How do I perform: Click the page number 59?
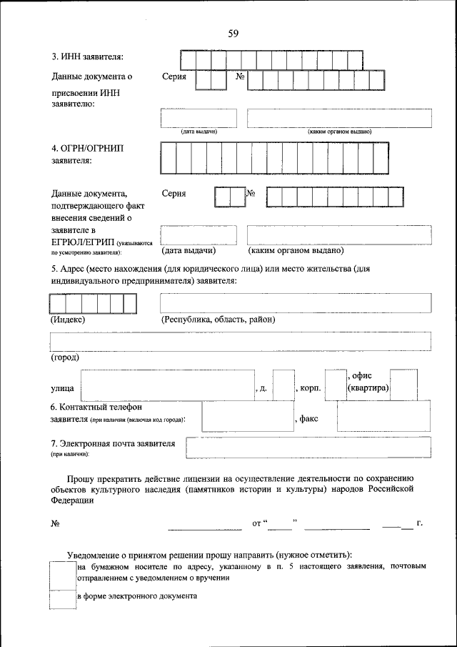[x=233, y=34]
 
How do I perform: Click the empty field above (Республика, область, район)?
[x=295, y=302]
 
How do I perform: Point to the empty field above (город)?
[x=240, y=340]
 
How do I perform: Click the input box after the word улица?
[x=168, y=385]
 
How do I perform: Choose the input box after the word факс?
[x=383, y=416]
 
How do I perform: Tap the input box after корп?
[x=335, y=385]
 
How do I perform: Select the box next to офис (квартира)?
[x=403, y=385]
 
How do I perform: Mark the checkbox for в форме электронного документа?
[x=62, y=599]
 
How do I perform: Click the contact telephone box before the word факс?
[x=247, y=416]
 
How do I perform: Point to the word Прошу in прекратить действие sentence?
[x=81, y=477]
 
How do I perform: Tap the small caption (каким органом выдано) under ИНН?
[x=339, y=132]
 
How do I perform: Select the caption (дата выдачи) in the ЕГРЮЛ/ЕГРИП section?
[x=189, y=251]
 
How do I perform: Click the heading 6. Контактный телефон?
[x=96, y=407]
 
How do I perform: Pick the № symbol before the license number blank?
[x=55, y=524]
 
